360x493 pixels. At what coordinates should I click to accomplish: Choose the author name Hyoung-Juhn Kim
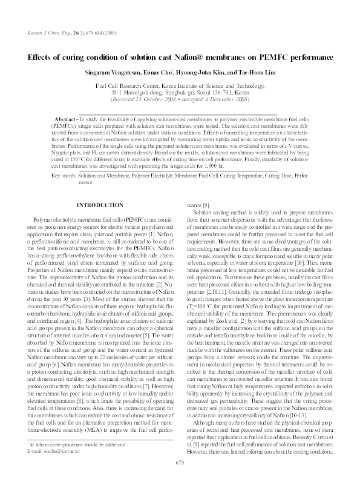(206, 73)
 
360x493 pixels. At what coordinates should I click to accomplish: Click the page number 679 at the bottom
(180, 480)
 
